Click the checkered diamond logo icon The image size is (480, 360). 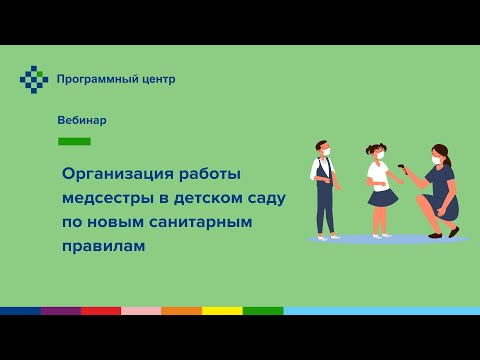[x=34, y=79]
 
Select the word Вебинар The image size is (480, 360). [x=82, y=120]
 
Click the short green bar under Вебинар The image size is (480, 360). [x=74, y=141]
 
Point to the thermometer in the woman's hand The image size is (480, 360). [x=403, y=167]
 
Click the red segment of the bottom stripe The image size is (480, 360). [x=101, y=311]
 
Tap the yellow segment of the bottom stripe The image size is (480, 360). [x=222, y=311]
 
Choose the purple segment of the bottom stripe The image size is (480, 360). [x=60, y=311]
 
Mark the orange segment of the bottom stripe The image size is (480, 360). [x=181, y=311]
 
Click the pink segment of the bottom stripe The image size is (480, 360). [x=141, y=311]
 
